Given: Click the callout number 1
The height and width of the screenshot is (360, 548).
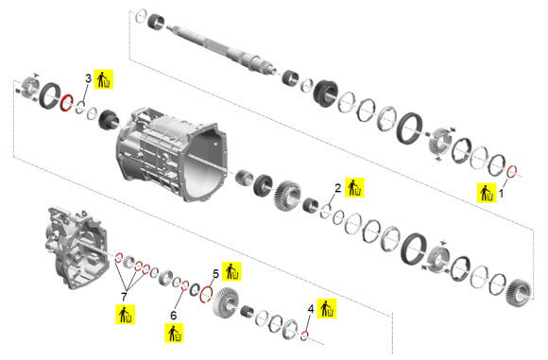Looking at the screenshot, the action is pyautogui.click(x=501, y=193).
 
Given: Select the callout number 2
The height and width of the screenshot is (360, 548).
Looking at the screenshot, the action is pyautogui.click(x=337, y=188).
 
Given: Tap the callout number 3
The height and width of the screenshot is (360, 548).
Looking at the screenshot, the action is pyautogui.click(x=89, y=78).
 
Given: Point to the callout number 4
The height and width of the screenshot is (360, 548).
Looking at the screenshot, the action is pyautogui.click(x=311, y=309).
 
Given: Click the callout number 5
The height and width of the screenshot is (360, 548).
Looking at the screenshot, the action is pyautogui.click(x=215, y=274).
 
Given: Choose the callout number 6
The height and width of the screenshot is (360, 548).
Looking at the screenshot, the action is pyautogui.click(x=173, y=316).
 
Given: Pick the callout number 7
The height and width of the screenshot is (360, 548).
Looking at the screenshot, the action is pyautogui.click(x=124, y=297).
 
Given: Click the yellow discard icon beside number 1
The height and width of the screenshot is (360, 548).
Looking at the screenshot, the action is pyautogui.click(x=487, y=193).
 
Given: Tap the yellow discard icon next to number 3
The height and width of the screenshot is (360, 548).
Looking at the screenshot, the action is pyautogui.click(x=104, y=79).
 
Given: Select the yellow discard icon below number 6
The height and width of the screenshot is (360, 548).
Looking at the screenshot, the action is pyautogui.click(x=174, y=334).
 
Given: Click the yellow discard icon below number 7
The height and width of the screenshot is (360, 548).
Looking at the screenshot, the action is pyautogui.click(x=125, y=315).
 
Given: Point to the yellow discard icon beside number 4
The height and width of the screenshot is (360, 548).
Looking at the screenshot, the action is pyautogui.click(x=327, y=308).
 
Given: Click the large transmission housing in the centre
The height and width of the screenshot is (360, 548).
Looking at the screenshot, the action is pyautogui.click(x=171, y=154).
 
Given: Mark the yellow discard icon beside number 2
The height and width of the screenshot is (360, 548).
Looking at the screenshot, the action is pyautogui.click(x=354, y=188).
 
